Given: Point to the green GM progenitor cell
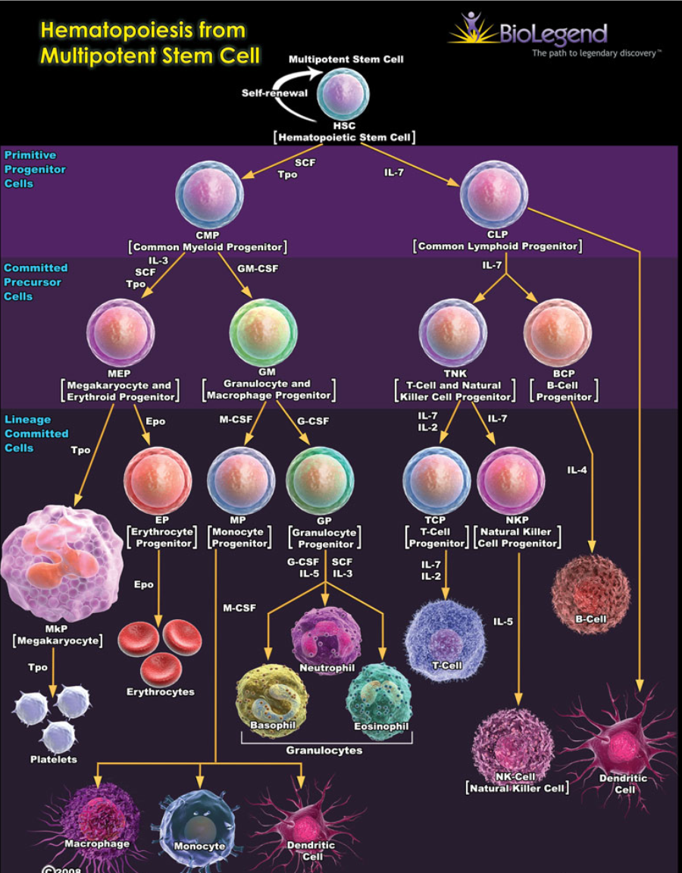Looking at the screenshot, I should coord(263,333).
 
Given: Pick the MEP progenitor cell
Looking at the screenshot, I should coord(120,333).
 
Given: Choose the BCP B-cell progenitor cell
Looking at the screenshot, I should coord(558,333).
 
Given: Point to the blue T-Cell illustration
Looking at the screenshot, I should coord(446,630).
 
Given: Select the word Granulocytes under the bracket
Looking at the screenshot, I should coord(324,750).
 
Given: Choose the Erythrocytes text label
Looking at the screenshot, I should coord(161,691).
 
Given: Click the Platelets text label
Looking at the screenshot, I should coord(53,759).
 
